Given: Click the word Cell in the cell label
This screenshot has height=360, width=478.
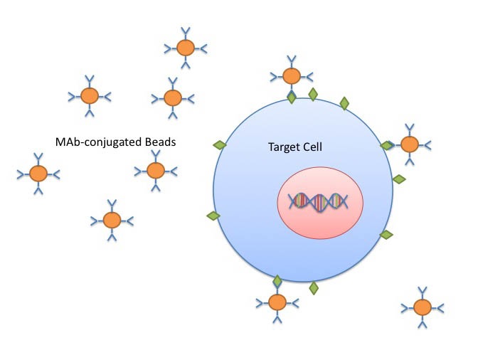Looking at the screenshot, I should pos(312,147).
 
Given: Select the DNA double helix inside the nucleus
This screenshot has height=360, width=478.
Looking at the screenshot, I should pos(319,202).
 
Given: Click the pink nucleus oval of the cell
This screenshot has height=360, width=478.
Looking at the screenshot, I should pos(320,221).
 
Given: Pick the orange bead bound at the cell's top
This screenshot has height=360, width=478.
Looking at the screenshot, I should pos(291,75).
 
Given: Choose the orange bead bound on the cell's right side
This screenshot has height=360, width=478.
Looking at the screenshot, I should pos(409,144).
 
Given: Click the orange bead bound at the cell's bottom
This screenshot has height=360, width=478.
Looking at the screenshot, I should pos(277,302).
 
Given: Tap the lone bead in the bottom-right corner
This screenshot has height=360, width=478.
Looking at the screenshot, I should pos(422,307).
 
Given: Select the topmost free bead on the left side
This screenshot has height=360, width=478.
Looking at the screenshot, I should pos(186,48).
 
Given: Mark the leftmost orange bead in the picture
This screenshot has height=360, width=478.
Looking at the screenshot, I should pos(38,174).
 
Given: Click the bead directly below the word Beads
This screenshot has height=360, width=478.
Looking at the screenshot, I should pos(155,170).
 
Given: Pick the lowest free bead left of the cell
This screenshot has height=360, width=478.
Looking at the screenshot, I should pos(112,221).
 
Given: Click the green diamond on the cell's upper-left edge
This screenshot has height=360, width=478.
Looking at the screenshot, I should pos(220,145).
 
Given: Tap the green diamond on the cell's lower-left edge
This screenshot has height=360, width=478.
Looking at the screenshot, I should pos(213,216).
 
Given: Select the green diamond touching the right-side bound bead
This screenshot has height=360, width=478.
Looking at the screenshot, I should pos(387,145).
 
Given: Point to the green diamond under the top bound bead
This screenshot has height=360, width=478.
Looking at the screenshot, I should pos(291,96).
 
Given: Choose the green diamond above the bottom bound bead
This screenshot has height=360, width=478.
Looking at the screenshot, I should pos(277,282).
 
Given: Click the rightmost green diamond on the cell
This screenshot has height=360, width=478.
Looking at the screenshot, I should pos(399,179).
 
